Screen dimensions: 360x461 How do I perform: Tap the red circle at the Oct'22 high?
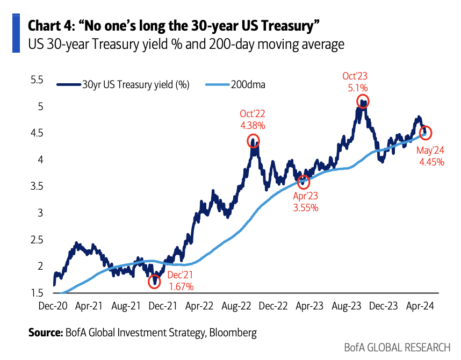coord(253,141)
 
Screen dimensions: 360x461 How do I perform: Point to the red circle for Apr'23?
coord(304,182)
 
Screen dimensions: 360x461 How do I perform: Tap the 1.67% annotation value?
coord(181,287)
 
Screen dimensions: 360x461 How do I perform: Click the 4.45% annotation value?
coord(431,162)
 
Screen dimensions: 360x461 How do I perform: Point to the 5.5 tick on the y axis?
coord(37,80)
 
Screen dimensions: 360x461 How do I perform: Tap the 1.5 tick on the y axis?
coord(37,293)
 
